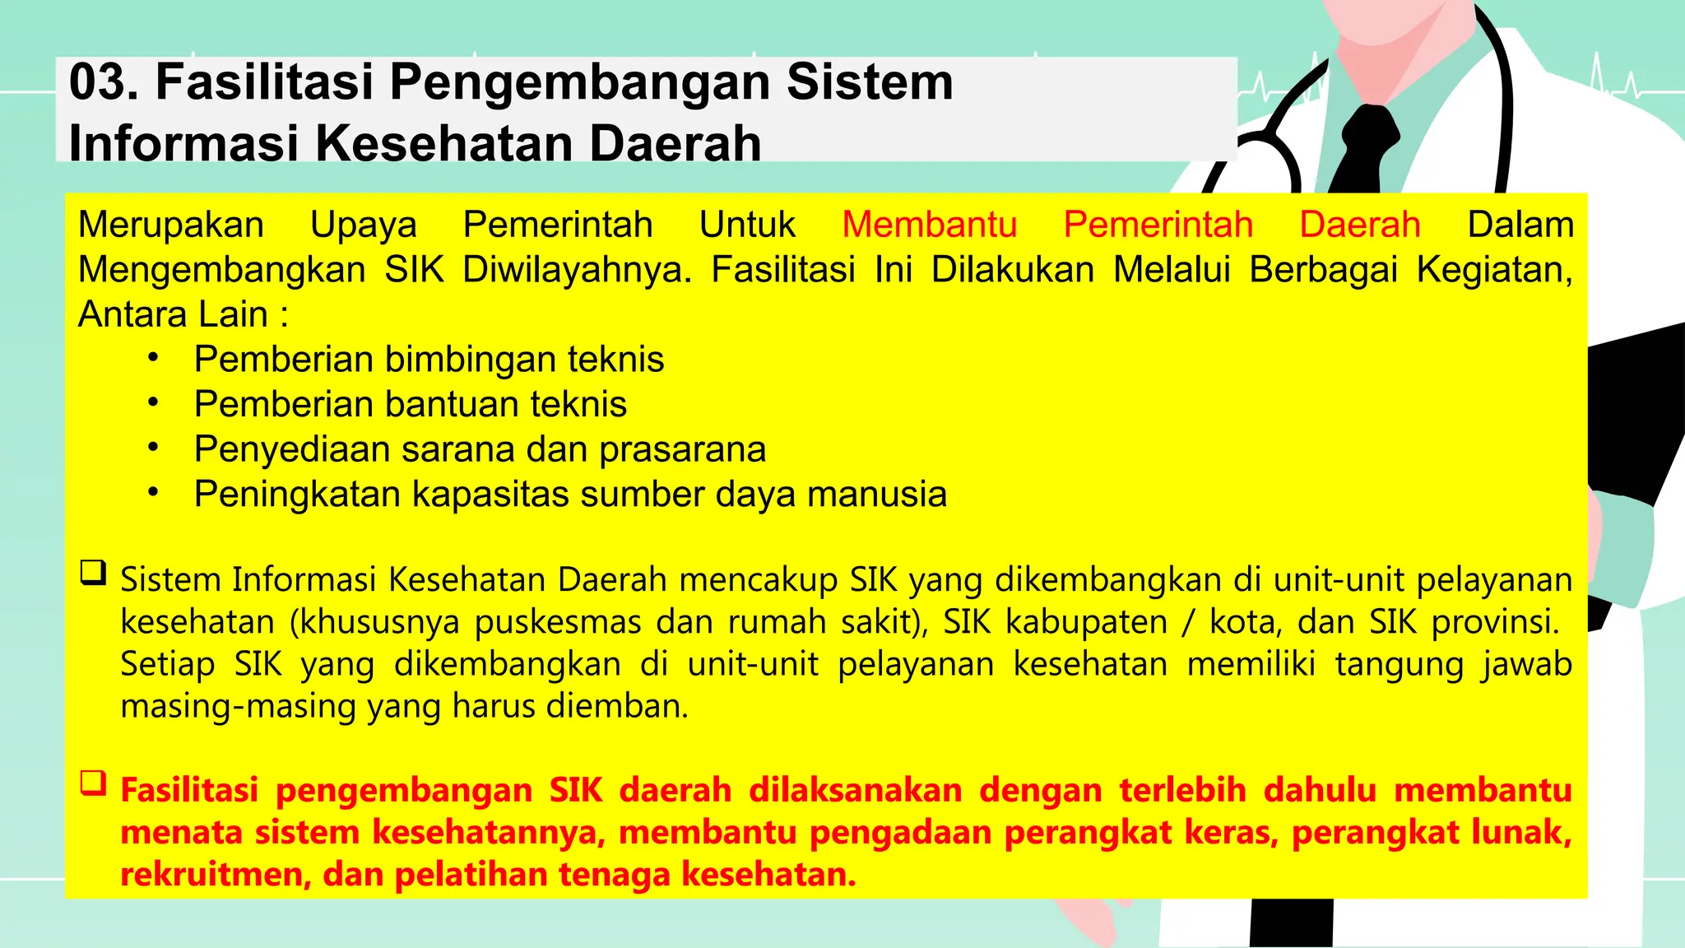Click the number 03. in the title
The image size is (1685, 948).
pyautogui.click(x=104, y=82)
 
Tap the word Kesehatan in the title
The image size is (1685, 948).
pyautogui.click(x=443, y=143)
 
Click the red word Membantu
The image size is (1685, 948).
pyautogui.click(x=929, y=225)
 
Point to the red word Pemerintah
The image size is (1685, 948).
pyautogui.click(x=1158, y=225)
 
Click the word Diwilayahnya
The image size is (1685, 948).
pyautogui.click(x=577, y=270)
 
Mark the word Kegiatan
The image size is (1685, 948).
pyautogui.click(x=1493, y=271)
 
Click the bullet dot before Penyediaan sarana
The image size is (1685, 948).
pyautogui.click(x=153, y=448)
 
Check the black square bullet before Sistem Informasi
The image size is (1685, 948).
pyautogui.click(x=93, y=572)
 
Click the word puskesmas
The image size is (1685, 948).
pyautogui.click(x=558, y=622)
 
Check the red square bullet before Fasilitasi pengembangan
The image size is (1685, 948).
pyautogui.click(x=93, y=783)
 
